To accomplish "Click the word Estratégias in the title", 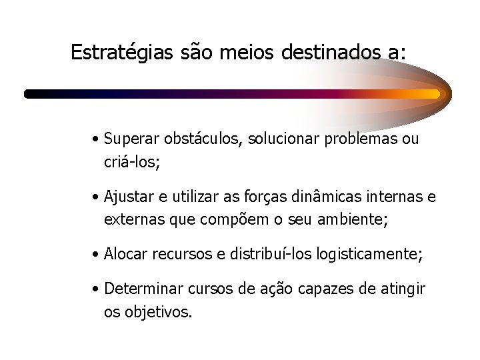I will [x=123, y=53].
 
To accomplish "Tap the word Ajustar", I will [x=129, y=197].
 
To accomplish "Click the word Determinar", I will [x=141, y=289].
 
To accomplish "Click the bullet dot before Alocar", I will [x=97, y=255].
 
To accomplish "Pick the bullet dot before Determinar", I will [x=97, y=290].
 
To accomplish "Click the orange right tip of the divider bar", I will [x=437, y=94].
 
